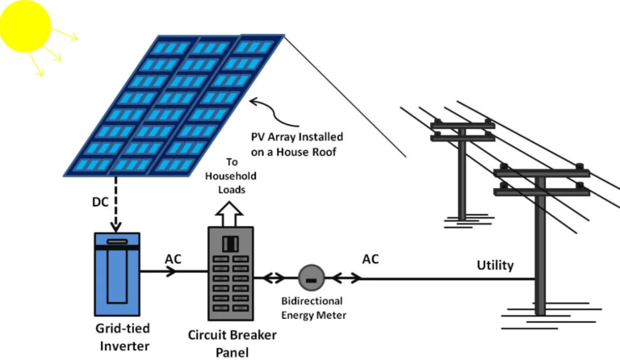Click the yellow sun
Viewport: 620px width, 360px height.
tap(25, 26)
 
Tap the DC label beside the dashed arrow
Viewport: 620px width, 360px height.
tap(100, 202)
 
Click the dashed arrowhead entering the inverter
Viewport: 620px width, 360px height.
tap(116, 228)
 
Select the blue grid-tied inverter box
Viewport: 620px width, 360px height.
tap(117, 274)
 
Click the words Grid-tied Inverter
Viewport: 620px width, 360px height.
tap(124, 337)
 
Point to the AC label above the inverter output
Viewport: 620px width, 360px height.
tap(173, 259)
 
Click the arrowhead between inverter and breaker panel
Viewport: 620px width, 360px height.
tap(171, 271)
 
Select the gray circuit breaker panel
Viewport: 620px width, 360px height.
tap(231, 274)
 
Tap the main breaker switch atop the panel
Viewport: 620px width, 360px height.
tap(230, 244)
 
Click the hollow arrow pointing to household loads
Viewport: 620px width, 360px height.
tap(229, 214)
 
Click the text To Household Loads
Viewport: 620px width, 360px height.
tap(231, 176)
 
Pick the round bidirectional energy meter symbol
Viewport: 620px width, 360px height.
tap(312, 278)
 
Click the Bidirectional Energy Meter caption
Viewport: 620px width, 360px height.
tap(313, 308)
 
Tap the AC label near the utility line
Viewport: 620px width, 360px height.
tap(371, 259)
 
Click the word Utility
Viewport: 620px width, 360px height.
tap(495, 265)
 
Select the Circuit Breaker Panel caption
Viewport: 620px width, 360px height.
tap(232, 343)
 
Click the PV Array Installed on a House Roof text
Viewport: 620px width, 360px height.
tap(296, 144)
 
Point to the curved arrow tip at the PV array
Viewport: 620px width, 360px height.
tap(251, 102)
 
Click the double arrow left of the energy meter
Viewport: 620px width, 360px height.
tap(273, 278)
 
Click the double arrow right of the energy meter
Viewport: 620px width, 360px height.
tap(346, 278)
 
